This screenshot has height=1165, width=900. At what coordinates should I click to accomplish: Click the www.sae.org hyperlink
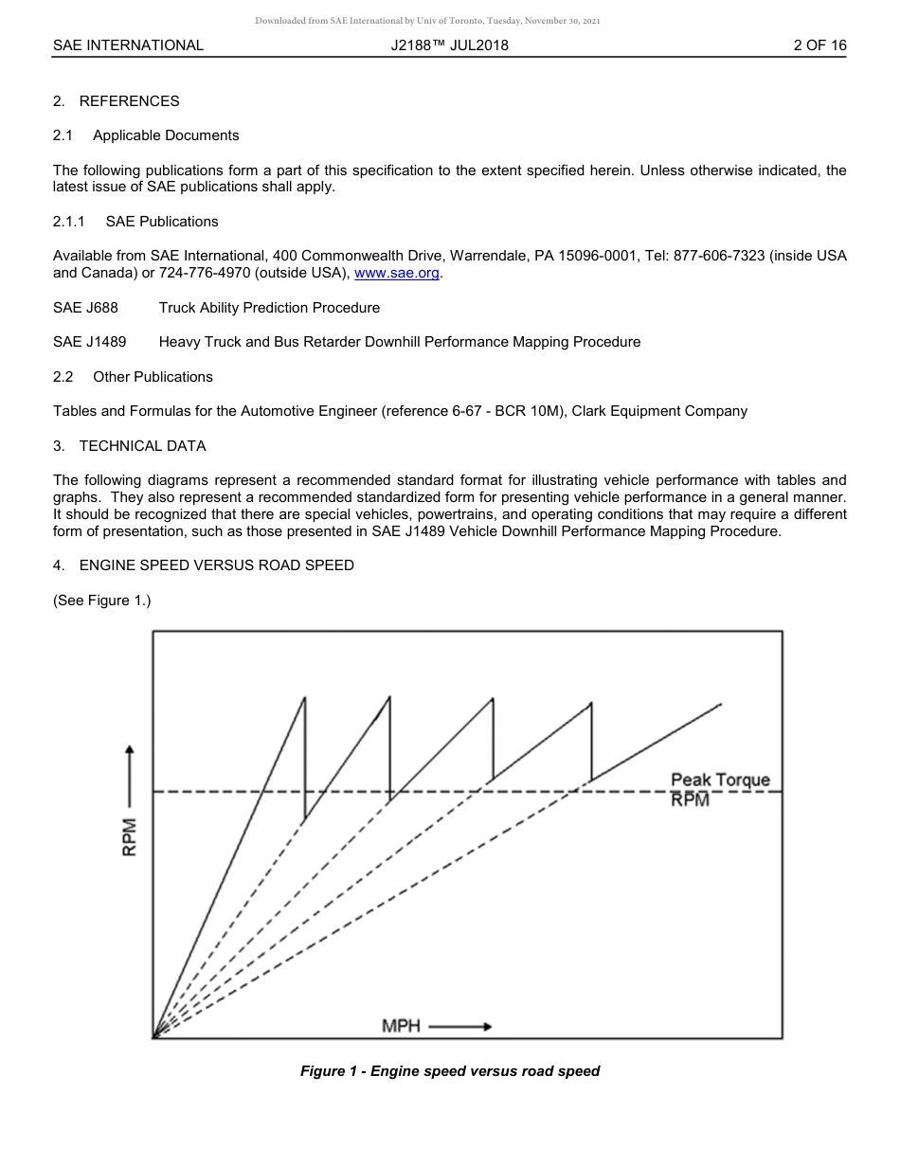point(397,274)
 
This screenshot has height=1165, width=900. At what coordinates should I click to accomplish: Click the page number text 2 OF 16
point(819,45)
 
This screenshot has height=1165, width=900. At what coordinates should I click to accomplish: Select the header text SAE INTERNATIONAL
point(128,45)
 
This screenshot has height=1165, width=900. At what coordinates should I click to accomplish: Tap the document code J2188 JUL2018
point(449,45)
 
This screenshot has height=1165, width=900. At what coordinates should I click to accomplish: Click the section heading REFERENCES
point(129,101)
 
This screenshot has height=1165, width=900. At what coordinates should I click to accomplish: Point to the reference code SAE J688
point(85,308)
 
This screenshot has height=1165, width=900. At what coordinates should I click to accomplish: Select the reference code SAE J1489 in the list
point(89,342)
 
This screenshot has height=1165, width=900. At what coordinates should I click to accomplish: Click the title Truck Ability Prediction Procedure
point(269,308)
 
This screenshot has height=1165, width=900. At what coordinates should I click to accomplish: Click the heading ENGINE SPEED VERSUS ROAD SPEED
point(216,565)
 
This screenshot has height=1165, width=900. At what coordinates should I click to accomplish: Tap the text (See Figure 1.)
point(102,600)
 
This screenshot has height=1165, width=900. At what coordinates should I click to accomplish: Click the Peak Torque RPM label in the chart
point(720,789)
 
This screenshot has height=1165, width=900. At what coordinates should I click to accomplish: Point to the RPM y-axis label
point(130,836)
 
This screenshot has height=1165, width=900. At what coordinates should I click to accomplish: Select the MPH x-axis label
point(401,1027)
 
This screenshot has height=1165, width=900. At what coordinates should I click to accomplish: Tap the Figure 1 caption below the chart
point(450,1071)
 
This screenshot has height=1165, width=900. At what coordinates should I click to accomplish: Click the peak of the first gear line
point(305,698)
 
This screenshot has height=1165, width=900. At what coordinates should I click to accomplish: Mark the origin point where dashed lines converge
point(153,1038)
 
